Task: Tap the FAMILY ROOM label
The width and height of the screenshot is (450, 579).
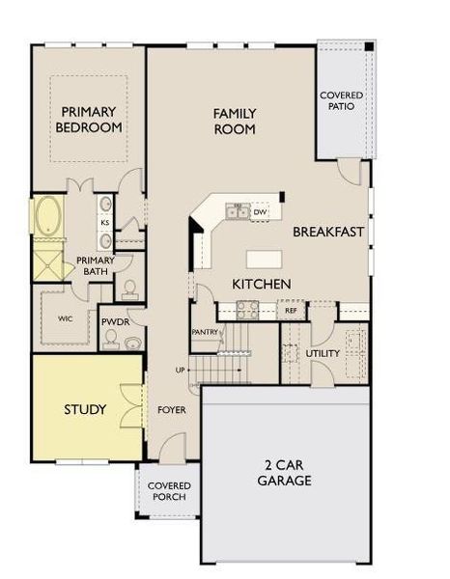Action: [x=235, y=121]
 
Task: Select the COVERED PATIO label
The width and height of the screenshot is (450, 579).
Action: [x=341, y=100]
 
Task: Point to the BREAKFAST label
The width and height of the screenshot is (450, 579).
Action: [x=327, y=232]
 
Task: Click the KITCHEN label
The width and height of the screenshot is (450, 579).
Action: [x=261, y=285]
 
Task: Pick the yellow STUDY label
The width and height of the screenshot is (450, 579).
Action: [x=85, y=410]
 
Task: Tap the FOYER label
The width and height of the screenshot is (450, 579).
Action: [x=172, y=410]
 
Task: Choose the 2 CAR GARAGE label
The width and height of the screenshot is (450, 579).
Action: [x=284, y=470]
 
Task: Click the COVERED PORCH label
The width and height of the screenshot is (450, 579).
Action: [x=169, y=491]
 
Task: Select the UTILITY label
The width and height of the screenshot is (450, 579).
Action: [x=322, y=354]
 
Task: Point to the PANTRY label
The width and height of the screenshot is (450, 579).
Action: [x=206, y=332]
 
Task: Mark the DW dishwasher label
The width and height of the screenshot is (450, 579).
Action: [x=259, y=211]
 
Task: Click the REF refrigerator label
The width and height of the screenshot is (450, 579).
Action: [x=290, y=311]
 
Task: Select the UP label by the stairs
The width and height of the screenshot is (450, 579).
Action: [x=179, y=371]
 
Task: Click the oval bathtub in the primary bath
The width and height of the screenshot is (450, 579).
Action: [x=48, y=217]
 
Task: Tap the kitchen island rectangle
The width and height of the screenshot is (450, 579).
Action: [x=264, y=259]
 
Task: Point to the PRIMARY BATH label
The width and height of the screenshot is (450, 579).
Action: [x=96, y=265]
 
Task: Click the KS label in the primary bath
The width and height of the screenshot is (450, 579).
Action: [x=104, y=222]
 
